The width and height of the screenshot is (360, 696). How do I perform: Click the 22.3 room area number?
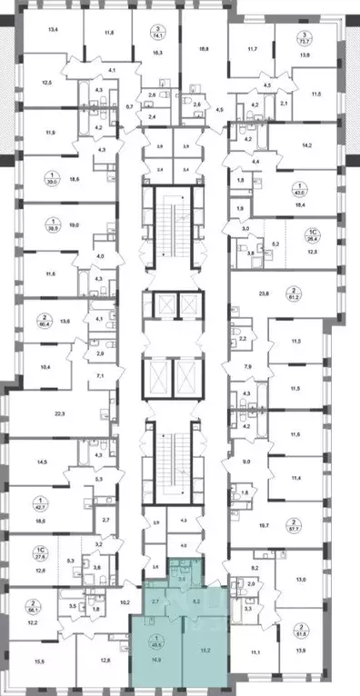tap(61, 413)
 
